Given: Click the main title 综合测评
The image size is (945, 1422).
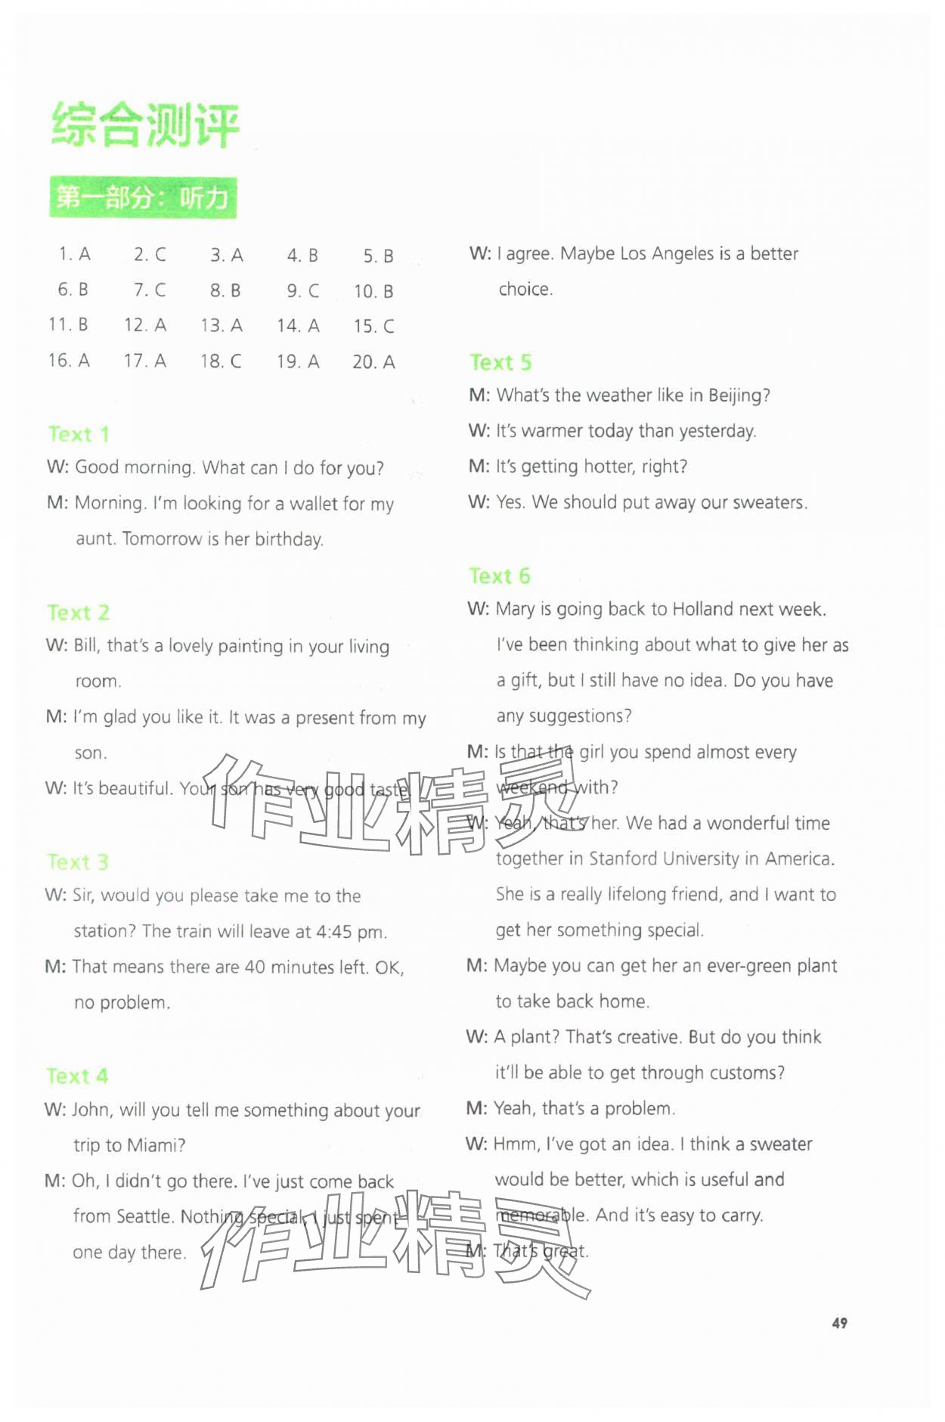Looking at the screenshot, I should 145,125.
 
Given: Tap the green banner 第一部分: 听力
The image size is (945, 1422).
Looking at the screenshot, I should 143,198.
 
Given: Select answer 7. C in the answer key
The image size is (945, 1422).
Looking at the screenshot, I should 150,290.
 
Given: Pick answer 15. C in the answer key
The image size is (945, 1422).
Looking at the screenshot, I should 373,326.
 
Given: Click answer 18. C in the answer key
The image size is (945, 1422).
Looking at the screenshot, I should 221,361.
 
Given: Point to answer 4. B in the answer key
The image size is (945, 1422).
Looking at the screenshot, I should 302,255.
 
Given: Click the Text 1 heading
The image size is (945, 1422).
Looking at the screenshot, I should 79,434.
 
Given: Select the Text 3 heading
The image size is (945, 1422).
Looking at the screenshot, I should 78,862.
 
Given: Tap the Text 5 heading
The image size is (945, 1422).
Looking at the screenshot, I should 500,362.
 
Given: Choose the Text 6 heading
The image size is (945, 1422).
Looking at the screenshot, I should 500,576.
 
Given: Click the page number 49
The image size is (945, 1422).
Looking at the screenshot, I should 839,1323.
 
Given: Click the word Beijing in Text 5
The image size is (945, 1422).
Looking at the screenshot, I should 736,396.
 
